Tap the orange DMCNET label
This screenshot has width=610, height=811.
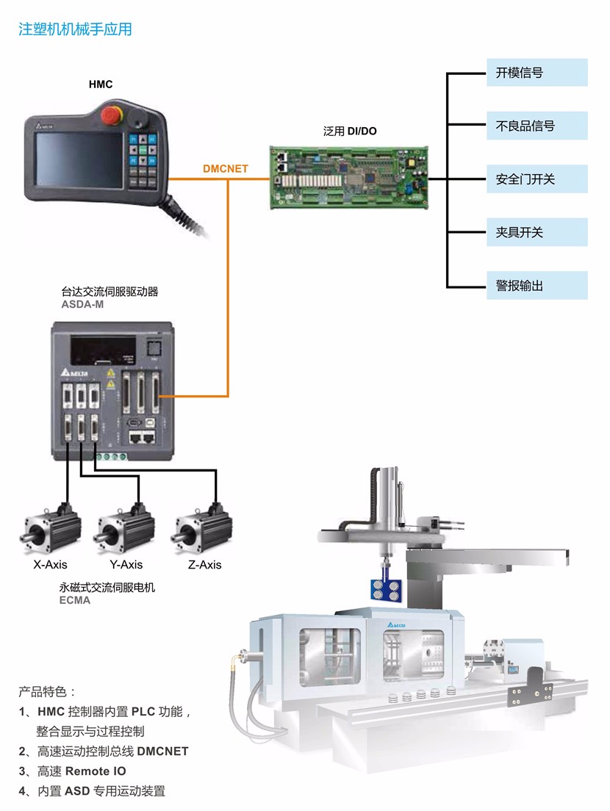pos(226,169)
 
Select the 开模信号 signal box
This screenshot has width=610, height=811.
pos(537,73)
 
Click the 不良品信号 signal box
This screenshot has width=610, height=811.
pos(537,126)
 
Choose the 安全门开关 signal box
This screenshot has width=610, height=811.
pos(537,179)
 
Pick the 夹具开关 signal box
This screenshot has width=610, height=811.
pos(537,232)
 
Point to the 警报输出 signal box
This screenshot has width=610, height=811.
pos(537,286)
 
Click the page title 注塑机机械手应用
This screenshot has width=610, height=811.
pos(75,29)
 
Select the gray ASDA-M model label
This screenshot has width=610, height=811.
pos(82,304)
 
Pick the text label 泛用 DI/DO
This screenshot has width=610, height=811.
pos(350,131)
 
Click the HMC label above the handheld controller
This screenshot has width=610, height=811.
pos(101,84)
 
